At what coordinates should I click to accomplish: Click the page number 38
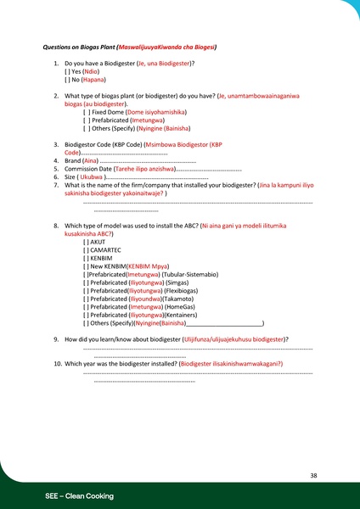coord(313,475)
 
